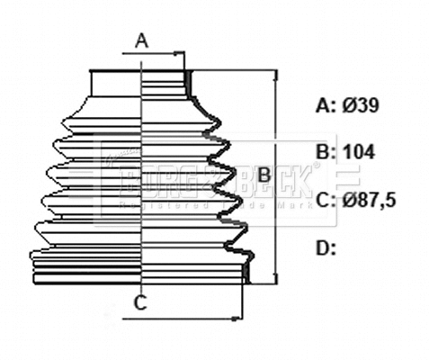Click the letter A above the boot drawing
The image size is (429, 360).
coord(141,40)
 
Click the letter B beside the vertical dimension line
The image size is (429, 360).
coord(264,176)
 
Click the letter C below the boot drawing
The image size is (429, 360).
coord(140,303)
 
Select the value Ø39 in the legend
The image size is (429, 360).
coord(361,105)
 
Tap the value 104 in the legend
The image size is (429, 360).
coord(358,151)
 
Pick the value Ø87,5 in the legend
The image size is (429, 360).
coord(370,200)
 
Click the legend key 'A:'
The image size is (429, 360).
coord(325,105)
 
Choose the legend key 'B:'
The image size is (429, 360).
coord(325,151)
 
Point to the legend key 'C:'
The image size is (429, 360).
coord(326,200)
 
